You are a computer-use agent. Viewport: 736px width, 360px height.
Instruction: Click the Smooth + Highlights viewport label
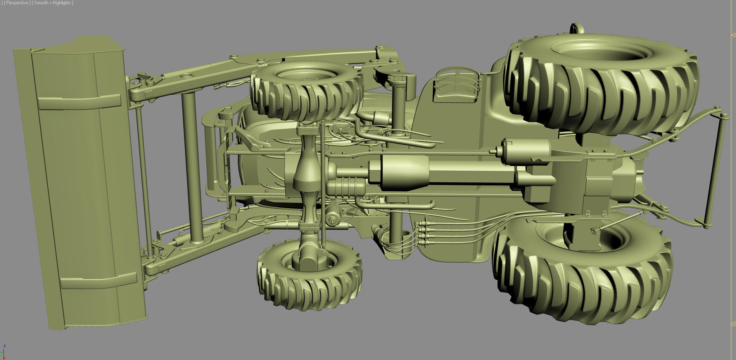tap(53, 3)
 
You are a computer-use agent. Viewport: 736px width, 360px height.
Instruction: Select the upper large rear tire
tap(601, 85)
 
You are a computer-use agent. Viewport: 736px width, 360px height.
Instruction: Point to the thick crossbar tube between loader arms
tap(192, 167)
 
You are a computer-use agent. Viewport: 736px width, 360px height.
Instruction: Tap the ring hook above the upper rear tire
tap(577, 29)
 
